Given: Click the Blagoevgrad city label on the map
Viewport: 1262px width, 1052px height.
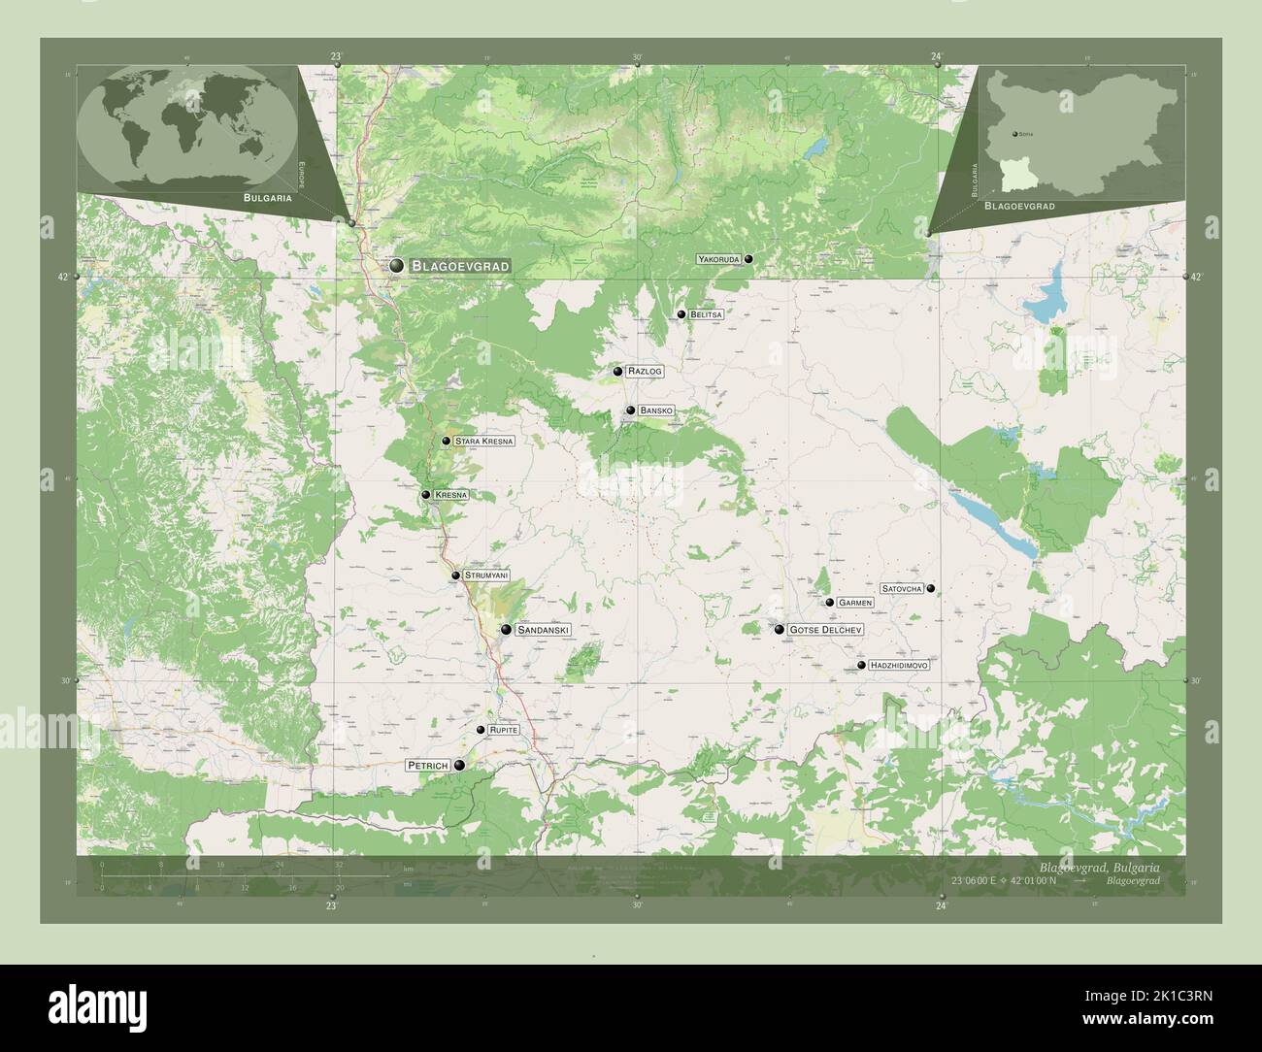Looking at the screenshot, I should tap(460, 265).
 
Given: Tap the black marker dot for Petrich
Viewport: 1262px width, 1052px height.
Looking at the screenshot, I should tap(459, 765).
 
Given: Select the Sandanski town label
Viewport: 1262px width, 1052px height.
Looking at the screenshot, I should tap(543, 630).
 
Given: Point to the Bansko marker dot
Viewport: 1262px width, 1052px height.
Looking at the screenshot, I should tap(631, 411).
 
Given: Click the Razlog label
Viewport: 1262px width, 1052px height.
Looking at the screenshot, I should tap(645, 371).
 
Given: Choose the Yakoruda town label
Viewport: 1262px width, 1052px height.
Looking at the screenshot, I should tap(718, 259).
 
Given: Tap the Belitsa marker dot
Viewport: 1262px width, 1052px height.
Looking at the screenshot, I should tap(681, 314).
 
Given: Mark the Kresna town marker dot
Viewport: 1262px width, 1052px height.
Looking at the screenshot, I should tap(426, 495).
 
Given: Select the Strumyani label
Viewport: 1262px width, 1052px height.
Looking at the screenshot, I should tap(486, 575).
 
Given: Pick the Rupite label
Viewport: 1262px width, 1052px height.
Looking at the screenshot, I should tap(504, 729).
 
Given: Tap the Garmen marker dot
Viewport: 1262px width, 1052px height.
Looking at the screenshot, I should tap(830, 603).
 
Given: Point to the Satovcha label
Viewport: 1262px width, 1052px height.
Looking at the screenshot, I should tap(901, 588).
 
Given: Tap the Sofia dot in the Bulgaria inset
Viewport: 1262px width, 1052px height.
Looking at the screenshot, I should tap(1014, 133).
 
